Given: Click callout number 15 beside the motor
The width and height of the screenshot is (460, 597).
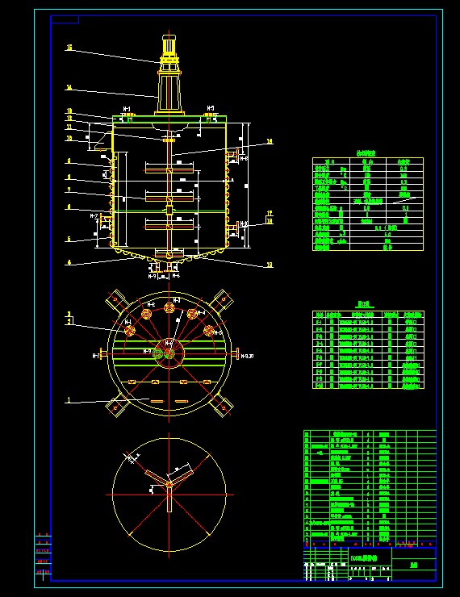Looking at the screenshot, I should pyautogui.click(x=69, y=48).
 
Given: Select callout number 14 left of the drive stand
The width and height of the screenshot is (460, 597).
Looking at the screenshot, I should pyautogui.click(x=69, y=88).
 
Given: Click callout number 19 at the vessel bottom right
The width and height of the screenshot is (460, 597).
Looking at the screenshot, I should pyautogui.click(x=270, y=264).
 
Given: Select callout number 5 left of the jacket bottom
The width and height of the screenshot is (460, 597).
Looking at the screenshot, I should pyautogui.click(x=69, y=240).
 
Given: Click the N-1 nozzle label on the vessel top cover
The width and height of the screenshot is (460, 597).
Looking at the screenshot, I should pyautogui.click(x=127, y=108).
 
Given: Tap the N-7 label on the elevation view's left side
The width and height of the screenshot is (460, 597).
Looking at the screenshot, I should pyautogui.click(x=94, y=217).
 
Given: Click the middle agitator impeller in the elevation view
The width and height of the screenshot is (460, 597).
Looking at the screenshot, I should pyautogui.click(x=169, y=196).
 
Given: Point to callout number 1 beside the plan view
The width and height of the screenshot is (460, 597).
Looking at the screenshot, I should pyautogui.click(x=69, y=399).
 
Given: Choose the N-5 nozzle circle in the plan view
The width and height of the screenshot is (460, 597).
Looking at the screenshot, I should pyautogui.click(x=208, y=331).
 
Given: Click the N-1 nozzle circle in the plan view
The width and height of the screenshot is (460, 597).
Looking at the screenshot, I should pyautogui.click(x=128, y=331).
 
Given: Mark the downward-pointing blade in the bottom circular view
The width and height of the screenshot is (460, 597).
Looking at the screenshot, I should pyautogui.click(x=169, y=500).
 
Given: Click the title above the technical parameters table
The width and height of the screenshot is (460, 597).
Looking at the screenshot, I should pyautogui.click(x=367, y=152).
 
